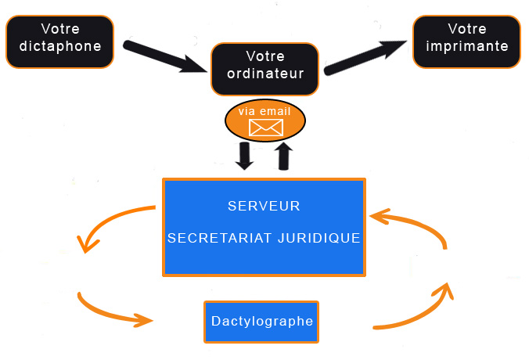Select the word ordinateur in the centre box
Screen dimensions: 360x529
tap(264, 74)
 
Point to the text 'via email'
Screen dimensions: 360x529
tap(264, 112)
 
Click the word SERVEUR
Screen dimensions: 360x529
tap(264, 207)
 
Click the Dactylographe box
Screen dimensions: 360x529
tap(261, 322)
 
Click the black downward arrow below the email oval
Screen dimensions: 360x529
tap(245, 155)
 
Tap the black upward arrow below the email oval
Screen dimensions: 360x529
tap(284, 155)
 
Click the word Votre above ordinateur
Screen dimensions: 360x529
tap(264, 56)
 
